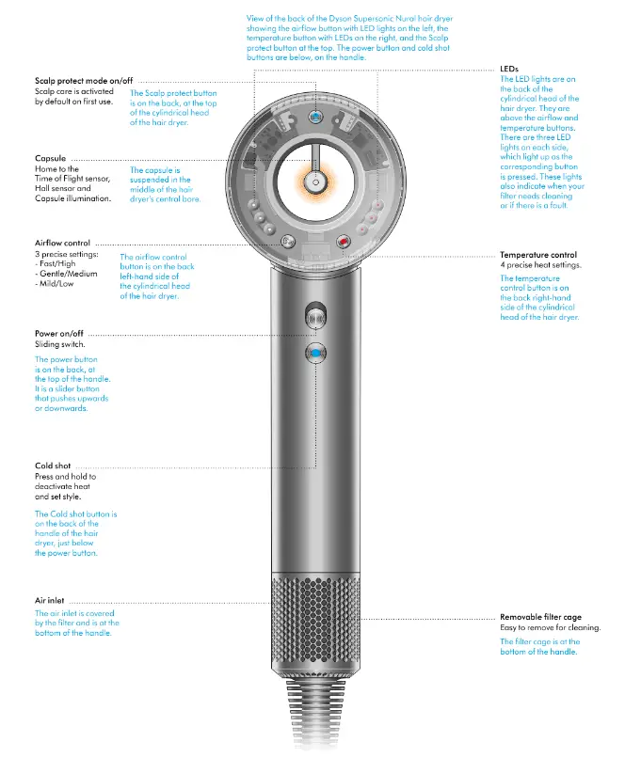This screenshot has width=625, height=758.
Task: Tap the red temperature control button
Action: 343,242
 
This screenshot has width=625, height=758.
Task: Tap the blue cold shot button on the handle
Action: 315,353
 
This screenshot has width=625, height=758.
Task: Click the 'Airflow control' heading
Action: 62,244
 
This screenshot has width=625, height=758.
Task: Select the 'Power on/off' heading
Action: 59,334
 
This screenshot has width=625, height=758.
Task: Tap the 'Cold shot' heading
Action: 53,466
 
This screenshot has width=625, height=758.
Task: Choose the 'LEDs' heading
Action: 509,70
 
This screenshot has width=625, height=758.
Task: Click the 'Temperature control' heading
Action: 538,255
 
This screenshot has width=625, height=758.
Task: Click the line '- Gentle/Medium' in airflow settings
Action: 68,275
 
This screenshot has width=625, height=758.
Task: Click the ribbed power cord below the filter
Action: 315,724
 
